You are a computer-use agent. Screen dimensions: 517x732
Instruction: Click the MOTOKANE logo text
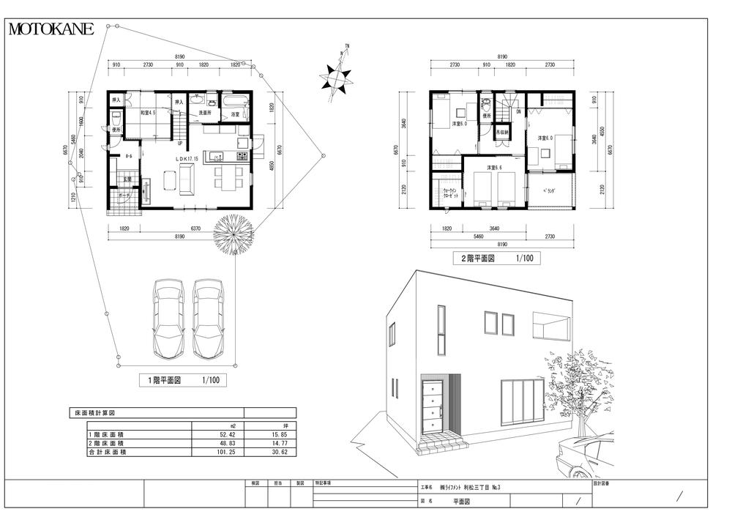point(51,29)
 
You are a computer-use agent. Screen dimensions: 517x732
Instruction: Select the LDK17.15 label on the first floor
point(188,158)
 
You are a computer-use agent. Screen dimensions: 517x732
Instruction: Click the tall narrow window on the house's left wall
point(441,330)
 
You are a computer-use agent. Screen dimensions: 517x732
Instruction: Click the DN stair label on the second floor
point(518,112)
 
